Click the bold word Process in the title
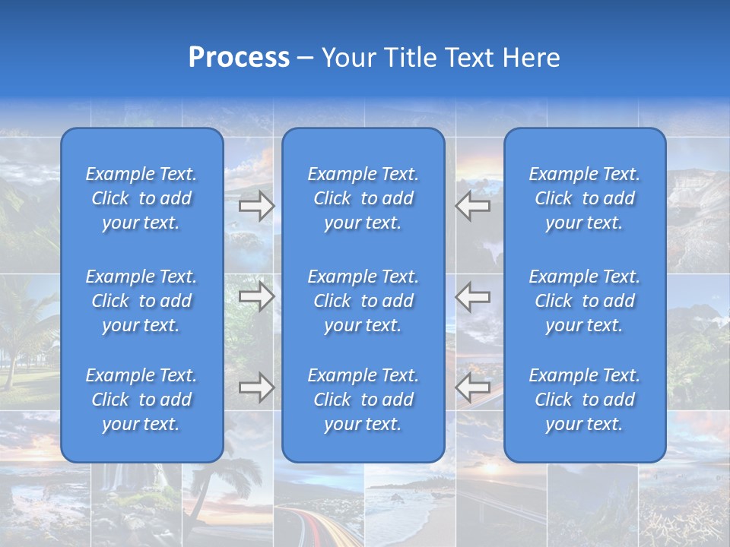point(239,58)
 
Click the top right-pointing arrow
point(256,206)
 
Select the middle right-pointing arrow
point(256,296)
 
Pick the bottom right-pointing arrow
point(256,387)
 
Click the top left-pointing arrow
point(472,206)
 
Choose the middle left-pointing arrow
point(472,296)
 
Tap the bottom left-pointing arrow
point(472,387)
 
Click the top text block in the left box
point(141,198)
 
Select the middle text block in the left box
point(141,301)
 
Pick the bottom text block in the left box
point(141,400)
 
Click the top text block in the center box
point(363,198)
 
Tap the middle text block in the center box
point(363,301)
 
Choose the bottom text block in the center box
point(363,400)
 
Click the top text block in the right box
point(584,198)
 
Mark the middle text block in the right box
point(584,301)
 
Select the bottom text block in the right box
point(584,400)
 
